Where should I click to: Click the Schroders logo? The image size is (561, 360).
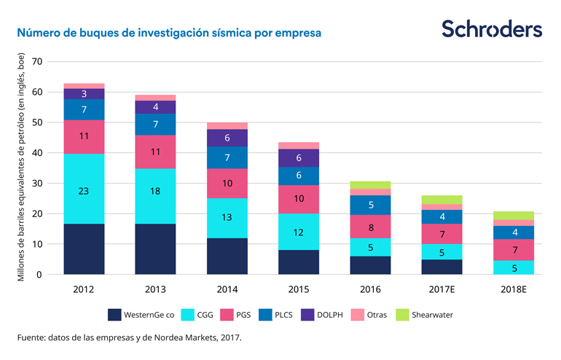[x=492, y=29]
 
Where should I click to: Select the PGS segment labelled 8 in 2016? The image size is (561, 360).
[x=370, y=227]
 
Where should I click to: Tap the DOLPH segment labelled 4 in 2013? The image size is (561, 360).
[x=155, y=107]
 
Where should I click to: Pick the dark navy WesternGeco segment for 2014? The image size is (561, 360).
[x=227, y=256]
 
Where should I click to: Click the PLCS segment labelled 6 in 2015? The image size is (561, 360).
[x=298, y=176]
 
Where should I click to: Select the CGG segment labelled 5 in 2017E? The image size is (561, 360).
[x=442, y=252]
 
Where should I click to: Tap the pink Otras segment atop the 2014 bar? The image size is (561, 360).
[x=227, y=125]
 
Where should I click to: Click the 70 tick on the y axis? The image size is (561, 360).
[x=38, y=61]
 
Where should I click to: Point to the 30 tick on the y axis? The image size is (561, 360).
[x=38, y=183]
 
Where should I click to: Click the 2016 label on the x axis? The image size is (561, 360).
[x=370, y=289]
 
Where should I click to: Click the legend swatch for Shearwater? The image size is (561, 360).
[x=401, y=315]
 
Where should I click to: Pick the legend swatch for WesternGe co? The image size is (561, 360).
[x=114, y=315]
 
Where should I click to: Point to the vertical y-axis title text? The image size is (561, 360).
[x=21, y=167]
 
